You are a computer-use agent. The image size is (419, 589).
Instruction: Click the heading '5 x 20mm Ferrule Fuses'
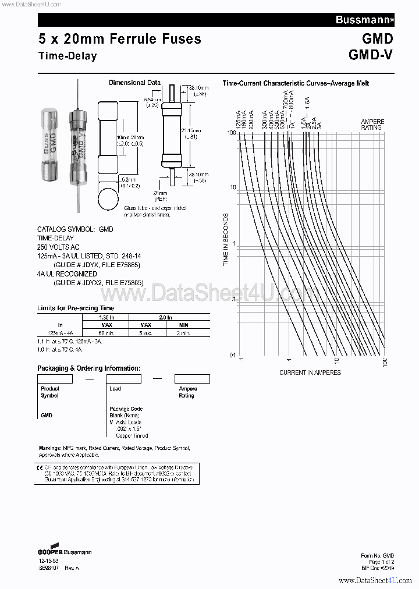pyautogui.click(x=119, y=39)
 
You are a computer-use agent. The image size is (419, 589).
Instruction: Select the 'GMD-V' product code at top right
pyautogui.click(x=371, y=55)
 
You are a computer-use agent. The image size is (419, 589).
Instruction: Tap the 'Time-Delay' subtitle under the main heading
pyautogui.click(x=67, y=56)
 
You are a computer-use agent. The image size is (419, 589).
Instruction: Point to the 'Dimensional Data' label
pyautogui.click(x=134, y=83)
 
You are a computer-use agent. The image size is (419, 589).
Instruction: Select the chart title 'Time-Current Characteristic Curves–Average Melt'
pyautogui.click(x=296, y=83)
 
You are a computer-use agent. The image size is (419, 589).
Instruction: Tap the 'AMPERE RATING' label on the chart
pyautogui.click(x=372, y=125)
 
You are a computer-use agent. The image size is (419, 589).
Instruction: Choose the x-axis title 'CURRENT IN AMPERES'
pyautogui.click(x=310, y=372)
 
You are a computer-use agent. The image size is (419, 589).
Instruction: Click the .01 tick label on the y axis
pyautogui.click(x=232, y=354)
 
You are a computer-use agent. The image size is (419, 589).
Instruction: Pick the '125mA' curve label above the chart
pyautogui.click(x=239, y=119)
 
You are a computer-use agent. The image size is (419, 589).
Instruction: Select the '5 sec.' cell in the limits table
pyautogui.click(x=146, y=332)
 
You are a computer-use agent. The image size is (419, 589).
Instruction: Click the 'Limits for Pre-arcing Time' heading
pyautogui.click(x=76, y=308)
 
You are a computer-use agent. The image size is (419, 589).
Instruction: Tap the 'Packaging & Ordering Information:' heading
pyautogui.click(x=88, y=368)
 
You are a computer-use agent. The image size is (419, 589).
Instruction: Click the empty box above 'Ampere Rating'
pyautogui.click(x=192, y=379)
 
